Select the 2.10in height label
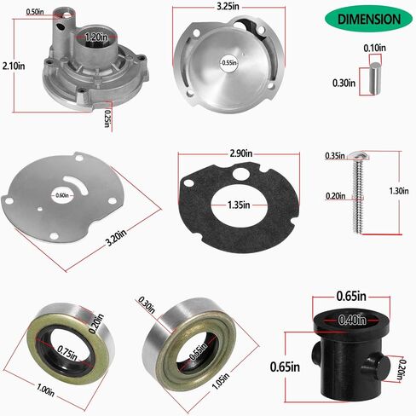12,65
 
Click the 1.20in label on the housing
95,38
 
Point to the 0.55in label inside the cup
228,62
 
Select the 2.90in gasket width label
241,154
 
